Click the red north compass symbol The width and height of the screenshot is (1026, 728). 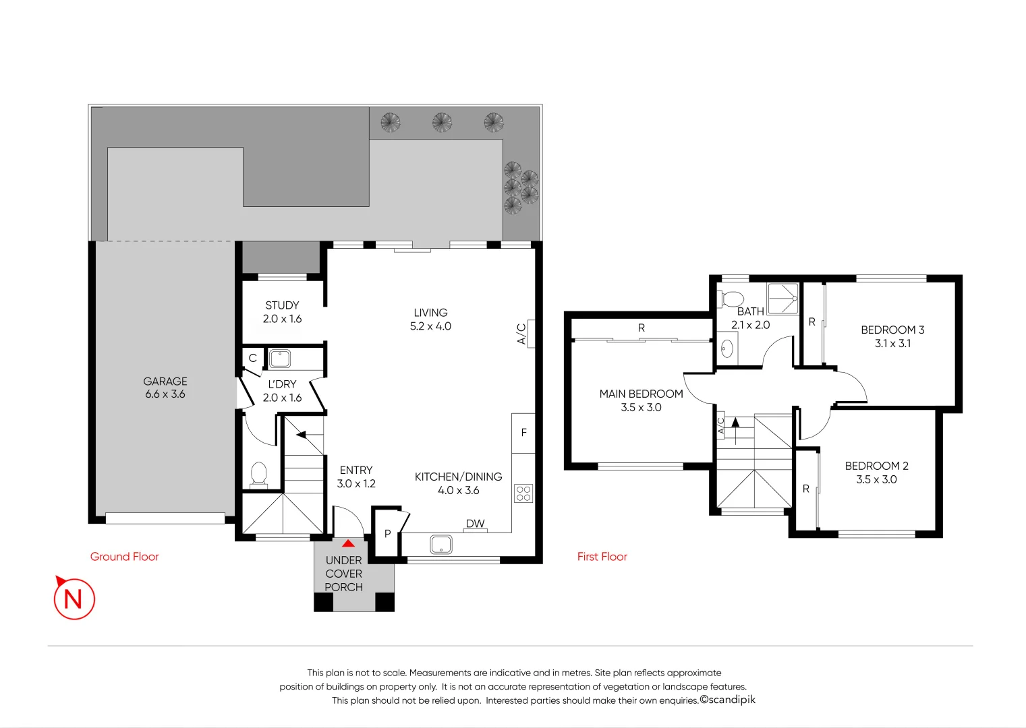[x=74, y=598]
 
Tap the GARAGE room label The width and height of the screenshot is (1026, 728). [x=165, y=388]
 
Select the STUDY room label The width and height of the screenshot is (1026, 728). [x=282, y=312]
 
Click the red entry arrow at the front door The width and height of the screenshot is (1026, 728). [x=348, y=543]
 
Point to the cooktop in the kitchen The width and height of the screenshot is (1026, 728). [x=523, y=493]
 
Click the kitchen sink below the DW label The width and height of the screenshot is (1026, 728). [x=441, y=544]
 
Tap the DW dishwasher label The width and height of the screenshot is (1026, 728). [x=475, y=523]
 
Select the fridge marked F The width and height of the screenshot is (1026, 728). [x=523, y=433]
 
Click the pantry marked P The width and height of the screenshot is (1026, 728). [x=387, y=534]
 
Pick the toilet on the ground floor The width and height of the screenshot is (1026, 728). [x=258, y=474]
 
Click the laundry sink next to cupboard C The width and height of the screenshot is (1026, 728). [x=280, y=358]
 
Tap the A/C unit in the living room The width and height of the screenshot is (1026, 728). [x=530, y=334]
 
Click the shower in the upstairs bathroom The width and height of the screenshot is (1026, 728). [x=782, y=298]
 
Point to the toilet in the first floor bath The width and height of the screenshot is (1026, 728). [x=731, y=298]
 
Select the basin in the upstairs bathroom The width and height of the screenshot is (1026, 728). [x=726, y=348]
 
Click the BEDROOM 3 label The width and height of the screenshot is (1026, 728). [x=892, y=336]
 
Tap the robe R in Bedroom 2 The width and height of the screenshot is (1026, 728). [x=806, y=489]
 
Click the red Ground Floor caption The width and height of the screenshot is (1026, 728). [x=125, y=557]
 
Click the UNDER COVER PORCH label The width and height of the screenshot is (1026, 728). [x=344, y=574]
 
